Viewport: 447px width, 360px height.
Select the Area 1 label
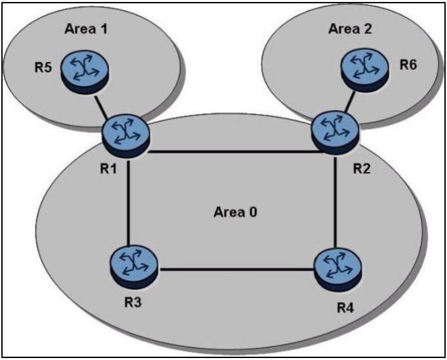coord(85,29)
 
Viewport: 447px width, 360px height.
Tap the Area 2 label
coord(348,29)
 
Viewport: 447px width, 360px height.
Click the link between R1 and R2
coord(229,152)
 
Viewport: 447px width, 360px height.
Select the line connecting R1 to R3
coord(128,196)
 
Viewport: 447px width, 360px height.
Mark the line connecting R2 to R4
coord(334,196)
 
